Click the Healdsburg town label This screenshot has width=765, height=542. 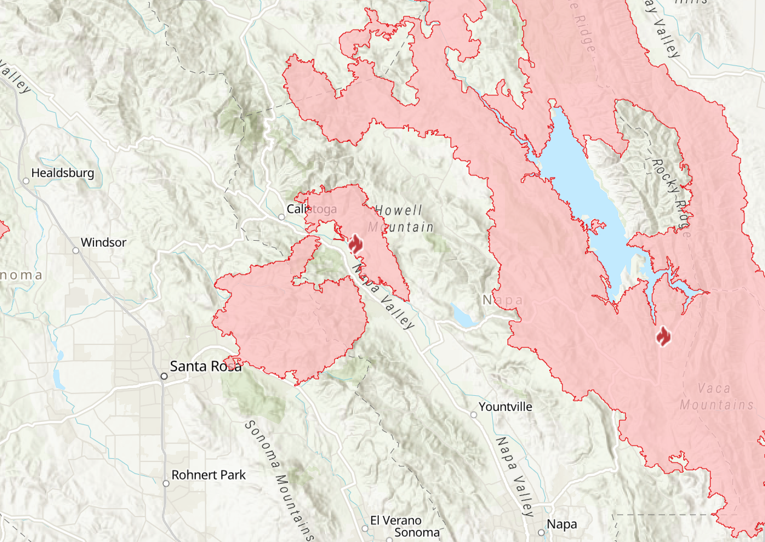[x=62, y=173]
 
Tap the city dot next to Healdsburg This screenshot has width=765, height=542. [x=26, y=181]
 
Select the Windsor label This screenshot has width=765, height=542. [x=103, y=243]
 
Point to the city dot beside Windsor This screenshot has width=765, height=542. [x=76, y=250]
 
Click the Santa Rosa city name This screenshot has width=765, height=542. [x=205, y=366]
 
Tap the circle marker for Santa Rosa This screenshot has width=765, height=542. [x=164, y=376]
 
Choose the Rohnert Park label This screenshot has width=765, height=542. [x=209, y=475]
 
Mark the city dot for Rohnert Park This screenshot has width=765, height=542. [x=166, y=483]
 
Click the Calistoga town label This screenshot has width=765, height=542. [x=312, y=209]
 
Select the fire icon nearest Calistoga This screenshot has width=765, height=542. [x=355, y=245]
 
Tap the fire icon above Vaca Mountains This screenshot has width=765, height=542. [x=664, y=335]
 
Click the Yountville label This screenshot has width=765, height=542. [x=505, y=406]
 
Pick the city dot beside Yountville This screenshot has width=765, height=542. [x=473, y=414]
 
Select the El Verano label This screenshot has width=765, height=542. [x=395, y=521]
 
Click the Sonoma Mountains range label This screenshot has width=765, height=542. [x=278, y=479]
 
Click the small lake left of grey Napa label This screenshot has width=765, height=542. [x=464, y=316]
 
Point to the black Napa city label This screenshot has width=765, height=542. [x=561, y=524]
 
